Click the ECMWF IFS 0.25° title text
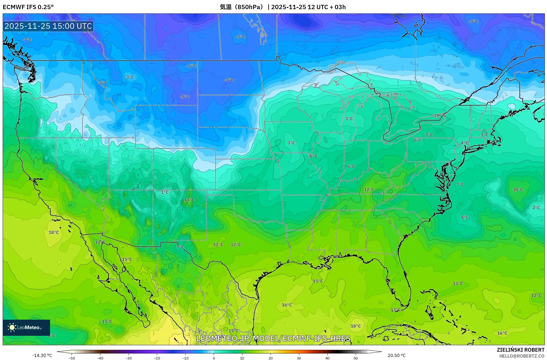pyautogui.click(x=28, y=7)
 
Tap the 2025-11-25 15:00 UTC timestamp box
pyautogui.click(x=48, y=26)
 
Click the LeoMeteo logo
pyautogui.click(x=26, y=327)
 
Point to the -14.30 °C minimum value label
pyautogui.click(x=42, y=355)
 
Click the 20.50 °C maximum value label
pyautogui.click(x=396, y=355)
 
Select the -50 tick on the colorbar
pyautogui.click(x=72, y=358)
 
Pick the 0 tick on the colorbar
pyautogui.click(x=214, y=358)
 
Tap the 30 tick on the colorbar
pyautogui.click(x=299, y=358)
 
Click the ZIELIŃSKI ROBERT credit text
pyautogui.click(x=520, y=350)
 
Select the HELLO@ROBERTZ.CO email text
pyautogui.click(x=522, y=356)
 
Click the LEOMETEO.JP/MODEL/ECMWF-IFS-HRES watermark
pyautogui.click(x=273, y=338)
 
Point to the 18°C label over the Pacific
pyautogui.click(x=54, y=232)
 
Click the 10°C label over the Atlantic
pyautogui.click(x=518, y=190)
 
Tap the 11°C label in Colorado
pyautogui.click(x=189, y=200)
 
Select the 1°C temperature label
pyautogui.click(x=165, y=192)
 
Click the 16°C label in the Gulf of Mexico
pyautogui.click(x=287, y=305)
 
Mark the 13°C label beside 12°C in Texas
pyautogui.click(x=218, y=245)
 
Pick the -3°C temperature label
pyautogui.click(x=129, y=77)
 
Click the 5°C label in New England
pyautogui.click(x=484, y=135)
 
